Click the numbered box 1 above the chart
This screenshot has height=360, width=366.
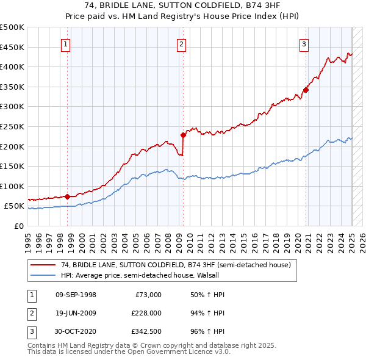point(65,43)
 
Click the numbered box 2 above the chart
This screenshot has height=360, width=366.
point(182,43)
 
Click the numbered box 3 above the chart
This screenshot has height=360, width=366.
point(304,43)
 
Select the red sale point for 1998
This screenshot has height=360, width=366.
point(67,196)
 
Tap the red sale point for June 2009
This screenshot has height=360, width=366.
point(183,135)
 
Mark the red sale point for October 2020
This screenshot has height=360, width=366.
point(306,90)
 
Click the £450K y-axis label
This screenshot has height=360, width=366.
point(12,47)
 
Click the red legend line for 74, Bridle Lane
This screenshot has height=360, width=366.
point(43,265)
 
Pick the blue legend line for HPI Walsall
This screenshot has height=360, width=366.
point(43,275)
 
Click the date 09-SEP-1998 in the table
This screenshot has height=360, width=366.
point(76,295)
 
